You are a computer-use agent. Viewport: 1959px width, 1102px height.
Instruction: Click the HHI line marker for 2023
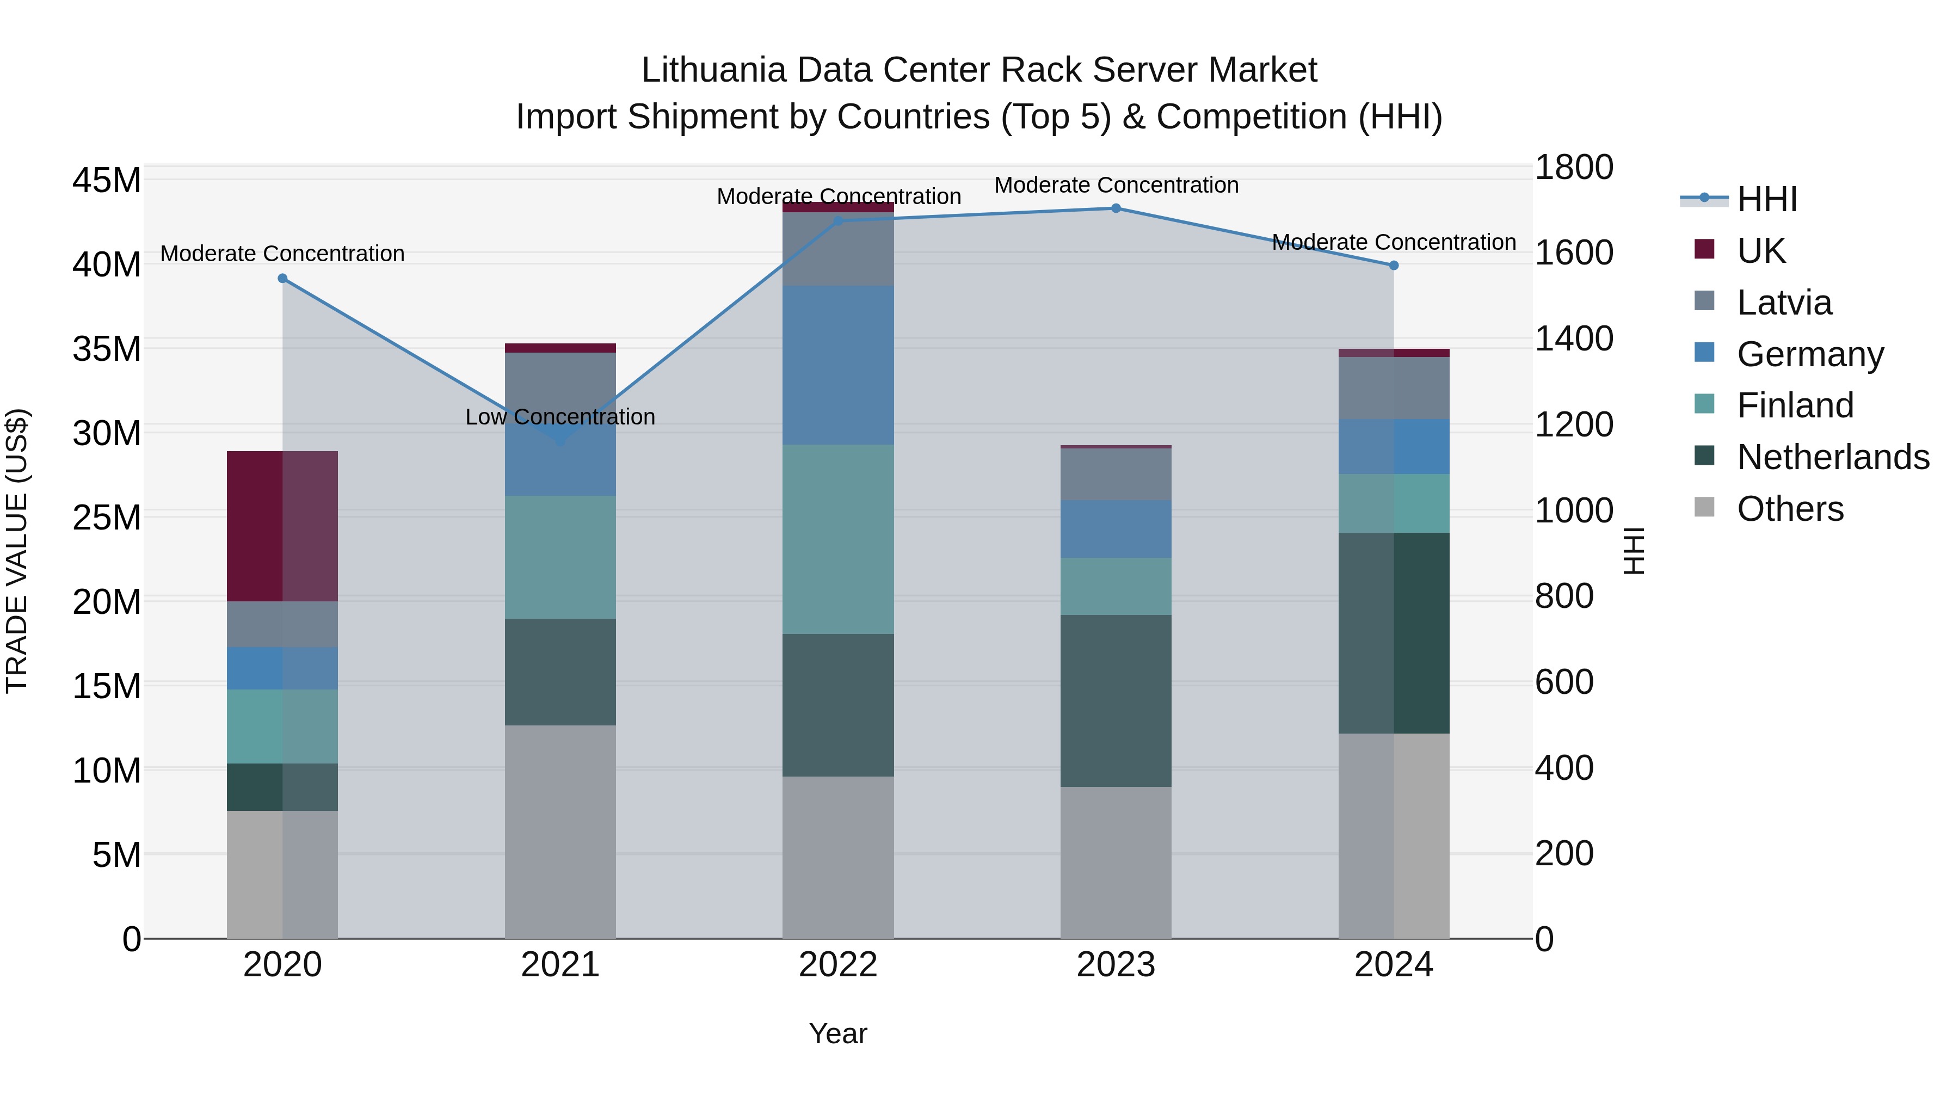click(x=1116, y=208)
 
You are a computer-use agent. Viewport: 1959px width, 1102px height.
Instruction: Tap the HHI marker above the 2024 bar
click(x=1393, y=266)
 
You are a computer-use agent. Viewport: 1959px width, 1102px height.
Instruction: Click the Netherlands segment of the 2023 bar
click(x=1116, y=700)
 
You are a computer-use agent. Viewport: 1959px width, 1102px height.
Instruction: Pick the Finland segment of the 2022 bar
click(x=838, y=539)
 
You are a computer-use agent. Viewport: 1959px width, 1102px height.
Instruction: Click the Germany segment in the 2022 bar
click(x=838, y=365)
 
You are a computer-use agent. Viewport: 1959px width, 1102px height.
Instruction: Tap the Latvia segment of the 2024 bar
click(x=1393, y=388)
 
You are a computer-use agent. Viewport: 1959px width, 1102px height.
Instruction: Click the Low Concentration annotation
click(x=560, y=417)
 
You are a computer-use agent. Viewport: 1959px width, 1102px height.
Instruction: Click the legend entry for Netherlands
click(x=1833, y=457)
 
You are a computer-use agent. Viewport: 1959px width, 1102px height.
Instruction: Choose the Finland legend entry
click(x=1795, y=405)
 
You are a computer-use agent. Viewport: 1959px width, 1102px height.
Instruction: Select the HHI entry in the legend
click(x=1766, y=199)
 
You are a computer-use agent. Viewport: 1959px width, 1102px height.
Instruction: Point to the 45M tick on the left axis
click(x=107, y=181)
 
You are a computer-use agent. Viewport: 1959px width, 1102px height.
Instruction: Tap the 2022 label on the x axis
click(x=838, y=965)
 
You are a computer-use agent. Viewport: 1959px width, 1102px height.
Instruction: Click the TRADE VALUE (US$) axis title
click(x=17, y=551)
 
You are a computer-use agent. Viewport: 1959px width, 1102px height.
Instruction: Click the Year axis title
click(x=838, y=1033)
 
